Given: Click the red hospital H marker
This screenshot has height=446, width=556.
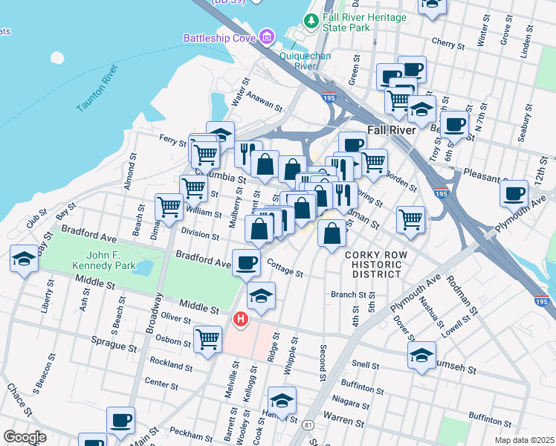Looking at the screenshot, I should (x=240, y=320).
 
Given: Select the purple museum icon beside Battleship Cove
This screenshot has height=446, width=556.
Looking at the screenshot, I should (x=266, y=36).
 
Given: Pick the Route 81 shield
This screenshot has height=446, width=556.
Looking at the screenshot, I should (x=308, y=424).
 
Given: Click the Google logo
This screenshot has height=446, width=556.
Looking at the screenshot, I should (x=25, y=437).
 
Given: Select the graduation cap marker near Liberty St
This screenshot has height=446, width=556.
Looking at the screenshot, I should (x=24, y=259).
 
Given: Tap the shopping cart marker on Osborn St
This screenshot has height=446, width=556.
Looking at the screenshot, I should (x=207, y=339).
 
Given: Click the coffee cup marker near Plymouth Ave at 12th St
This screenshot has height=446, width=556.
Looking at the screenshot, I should (x=514, y=195).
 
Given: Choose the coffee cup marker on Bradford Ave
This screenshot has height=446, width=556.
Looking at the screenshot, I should (x=247, y=262).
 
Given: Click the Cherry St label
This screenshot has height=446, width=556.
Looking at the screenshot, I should (x=447, y=43).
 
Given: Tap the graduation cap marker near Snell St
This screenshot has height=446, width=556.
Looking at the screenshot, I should (x=421, y=355).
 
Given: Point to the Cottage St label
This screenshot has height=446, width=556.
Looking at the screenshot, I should (x=285, y=269).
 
